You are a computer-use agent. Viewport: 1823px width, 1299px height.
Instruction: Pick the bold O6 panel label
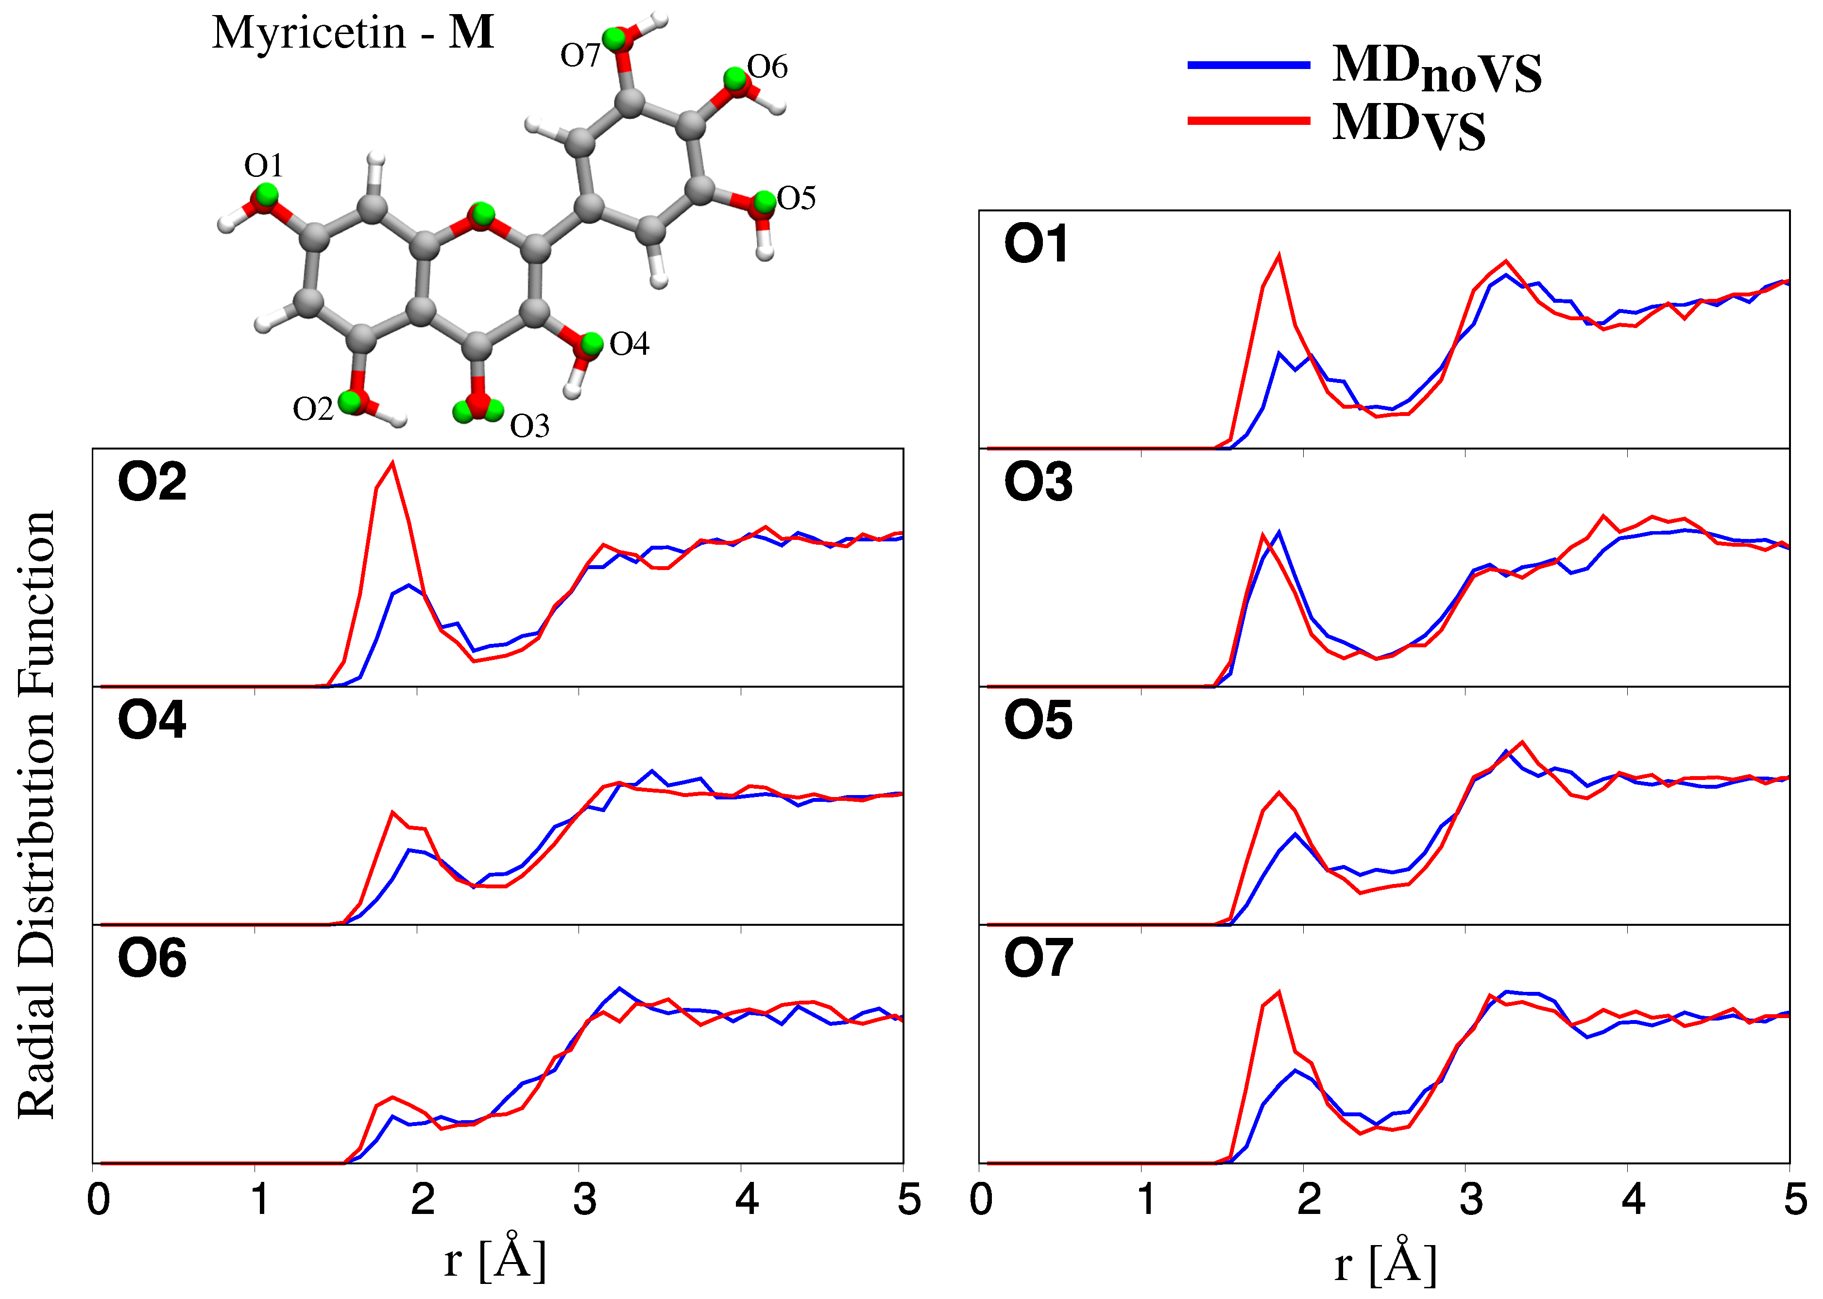152,958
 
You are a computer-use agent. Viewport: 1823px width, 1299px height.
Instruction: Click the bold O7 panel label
1038,958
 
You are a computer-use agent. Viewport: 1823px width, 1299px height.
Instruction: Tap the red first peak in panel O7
1279,993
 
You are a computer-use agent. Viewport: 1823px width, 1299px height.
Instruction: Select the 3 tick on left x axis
584,1200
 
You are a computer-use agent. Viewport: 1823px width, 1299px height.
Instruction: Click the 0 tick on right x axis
981,1200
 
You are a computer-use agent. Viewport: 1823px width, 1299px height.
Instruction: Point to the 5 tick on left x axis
908,1200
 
